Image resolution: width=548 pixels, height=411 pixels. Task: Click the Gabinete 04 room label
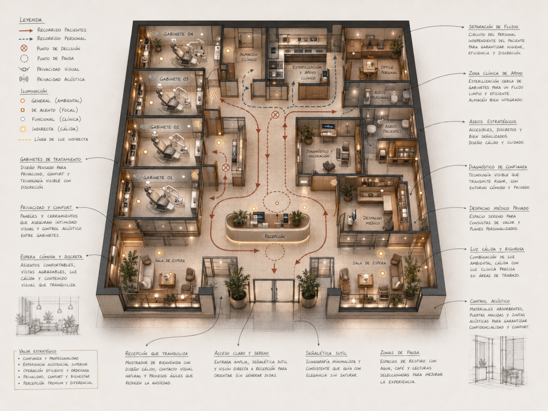coord(178,34)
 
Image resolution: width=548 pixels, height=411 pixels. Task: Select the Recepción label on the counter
coord(275,236)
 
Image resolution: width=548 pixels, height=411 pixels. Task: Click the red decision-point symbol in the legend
coord(24,48)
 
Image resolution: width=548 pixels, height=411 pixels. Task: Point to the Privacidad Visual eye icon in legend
coord(24,69)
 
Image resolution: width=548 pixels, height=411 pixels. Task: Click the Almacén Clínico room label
coord(248,57)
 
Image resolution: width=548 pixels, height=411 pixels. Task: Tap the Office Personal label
coord(389,70)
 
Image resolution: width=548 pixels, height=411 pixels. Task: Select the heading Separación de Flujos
coord(493,27)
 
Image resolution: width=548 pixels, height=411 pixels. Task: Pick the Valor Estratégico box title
coord(37,351)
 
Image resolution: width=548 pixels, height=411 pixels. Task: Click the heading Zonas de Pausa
coord(399,352)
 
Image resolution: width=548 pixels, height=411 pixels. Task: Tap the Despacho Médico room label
coord(372,220)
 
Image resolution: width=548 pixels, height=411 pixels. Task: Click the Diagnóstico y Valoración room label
coord(319,154)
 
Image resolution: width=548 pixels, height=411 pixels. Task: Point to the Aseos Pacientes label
coord(392,128)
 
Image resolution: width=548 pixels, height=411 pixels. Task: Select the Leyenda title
coord(31,20)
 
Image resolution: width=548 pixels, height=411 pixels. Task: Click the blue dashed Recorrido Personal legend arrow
coord(26,39)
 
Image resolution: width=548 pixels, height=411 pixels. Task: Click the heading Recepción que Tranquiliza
coord(157,353)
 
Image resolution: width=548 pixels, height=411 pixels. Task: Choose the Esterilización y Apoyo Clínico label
coord(308,72)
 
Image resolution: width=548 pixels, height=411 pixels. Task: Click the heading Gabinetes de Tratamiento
coord(50,159)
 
